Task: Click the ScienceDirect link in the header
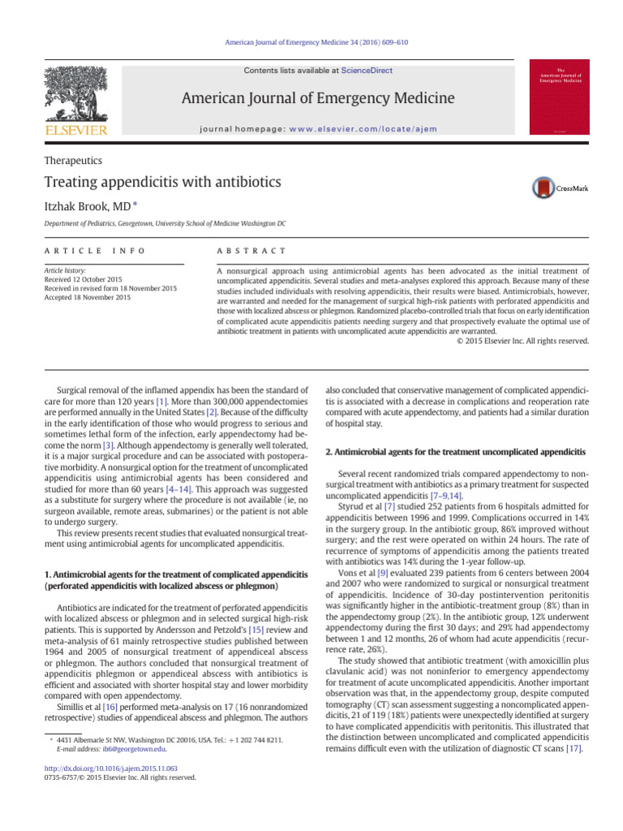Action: [367, 71]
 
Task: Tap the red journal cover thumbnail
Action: [559, 97]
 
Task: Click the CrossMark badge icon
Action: [560, 187]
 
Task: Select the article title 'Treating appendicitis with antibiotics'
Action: [162, 182]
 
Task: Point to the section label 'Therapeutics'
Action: [73, 161]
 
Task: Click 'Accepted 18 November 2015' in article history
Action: [88, 298]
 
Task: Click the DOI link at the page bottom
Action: [110, 767]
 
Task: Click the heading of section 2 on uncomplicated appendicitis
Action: [454, 450]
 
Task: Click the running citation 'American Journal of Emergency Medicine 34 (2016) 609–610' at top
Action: [311, 42]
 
